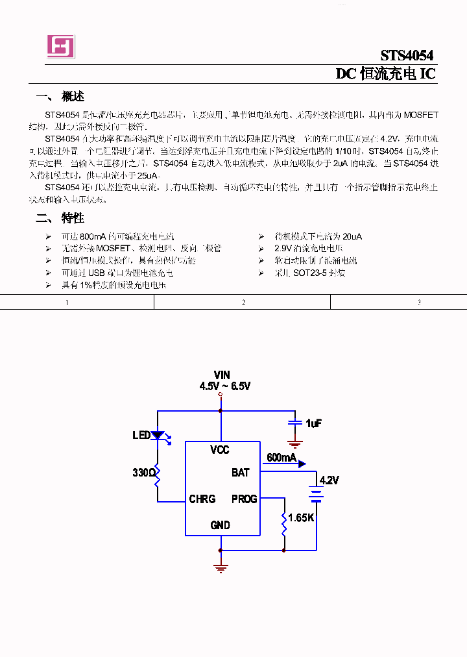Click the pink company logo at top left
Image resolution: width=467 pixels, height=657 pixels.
click(x=60, y=46)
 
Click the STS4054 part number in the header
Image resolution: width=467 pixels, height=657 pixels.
click(x=407, y=55)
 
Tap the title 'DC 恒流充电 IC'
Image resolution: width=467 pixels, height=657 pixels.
click(x=385, y=74)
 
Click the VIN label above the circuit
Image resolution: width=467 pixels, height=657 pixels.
click(x=222, y=375)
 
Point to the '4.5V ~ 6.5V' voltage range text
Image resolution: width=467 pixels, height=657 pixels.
click(x=224, y=386)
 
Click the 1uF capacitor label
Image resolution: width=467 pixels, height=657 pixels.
click(x=313, y=423)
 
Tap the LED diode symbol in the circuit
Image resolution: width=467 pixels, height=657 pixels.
click(x=158, y=436)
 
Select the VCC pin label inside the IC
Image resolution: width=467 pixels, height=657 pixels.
click(x=220, y=450)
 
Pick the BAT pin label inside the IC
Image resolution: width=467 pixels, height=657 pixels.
click(x=240, y=473)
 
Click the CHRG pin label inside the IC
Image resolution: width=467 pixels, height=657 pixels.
click(x=202, y=499)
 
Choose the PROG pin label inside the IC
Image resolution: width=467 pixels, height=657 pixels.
click(x=244, y=499)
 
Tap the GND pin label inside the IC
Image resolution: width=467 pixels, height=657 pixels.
click(x=220, y=525)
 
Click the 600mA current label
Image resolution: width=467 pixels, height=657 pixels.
click(x=281, y=458)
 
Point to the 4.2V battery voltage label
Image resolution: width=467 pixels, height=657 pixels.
click(x=329, y=480)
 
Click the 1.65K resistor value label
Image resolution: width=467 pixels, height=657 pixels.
click(x=302, y=518)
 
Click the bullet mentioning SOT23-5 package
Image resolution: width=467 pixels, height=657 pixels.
click(x=309, y=273)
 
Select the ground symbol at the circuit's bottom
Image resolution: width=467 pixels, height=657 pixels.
click(x=221, y=567)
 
